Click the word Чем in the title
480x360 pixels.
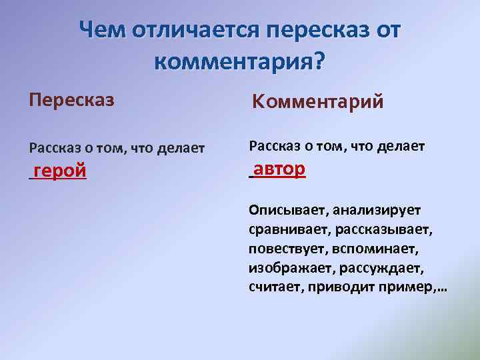pos(102,31)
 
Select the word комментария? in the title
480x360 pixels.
pos(239,63)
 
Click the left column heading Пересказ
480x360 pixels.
pos(71,100)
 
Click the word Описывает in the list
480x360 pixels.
pos(285,211)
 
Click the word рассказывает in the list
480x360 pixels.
pos(385,230)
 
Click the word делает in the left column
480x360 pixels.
pos(181,147)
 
